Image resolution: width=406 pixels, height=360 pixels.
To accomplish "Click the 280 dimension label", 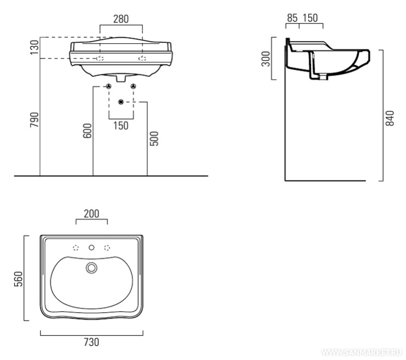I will click(x=121, y=19).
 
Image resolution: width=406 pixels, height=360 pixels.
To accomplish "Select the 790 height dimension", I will click(x=34, y=120).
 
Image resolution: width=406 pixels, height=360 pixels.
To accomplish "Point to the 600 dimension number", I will click(x=87, y=130).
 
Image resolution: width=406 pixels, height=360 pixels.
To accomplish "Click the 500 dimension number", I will click(x=154, y=138).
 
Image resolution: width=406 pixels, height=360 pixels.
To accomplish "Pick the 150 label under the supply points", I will click(x=121, y=126).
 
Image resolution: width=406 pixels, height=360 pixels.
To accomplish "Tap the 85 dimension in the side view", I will click(x=292, y=19).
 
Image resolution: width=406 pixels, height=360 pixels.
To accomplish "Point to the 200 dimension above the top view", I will click(x=92, y=213).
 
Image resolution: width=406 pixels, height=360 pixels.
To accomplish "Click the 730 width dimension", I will click(x=91, y=342).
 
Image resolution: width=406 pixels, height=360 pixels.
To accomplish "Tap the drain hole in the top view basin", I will click(x=91, y=267).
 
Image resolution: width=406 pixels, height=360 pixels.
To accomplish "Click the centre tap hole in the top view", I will click(x=92, y=248).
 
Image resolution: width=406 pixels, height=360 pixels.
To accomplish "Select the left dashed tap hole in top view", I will click(x=76, y=248).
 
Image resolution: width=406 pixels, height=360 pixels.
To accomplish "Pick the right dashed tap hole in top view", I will click(x=107, y=248).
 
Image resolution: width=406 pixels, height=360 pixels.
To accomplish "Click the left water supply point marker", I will click(x=109, y=86).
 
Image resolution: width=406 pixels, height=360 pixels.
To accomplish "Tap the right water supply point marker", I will click(x=133, y=86).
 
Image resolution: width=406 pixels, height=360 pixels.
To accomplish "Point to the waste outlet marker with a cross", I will click(x=121, y=102).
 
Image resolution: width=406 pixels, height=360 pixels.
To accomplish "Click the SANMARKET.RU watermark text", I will click(x=362, y=352).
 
